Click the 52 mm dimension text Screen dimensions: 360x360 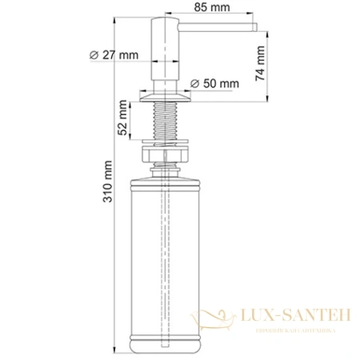tap(123, 119)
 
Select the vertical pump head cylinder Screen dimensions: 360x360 tap(165, 56)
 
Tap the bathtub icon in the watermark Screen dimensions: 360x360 tap(218, 318)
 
